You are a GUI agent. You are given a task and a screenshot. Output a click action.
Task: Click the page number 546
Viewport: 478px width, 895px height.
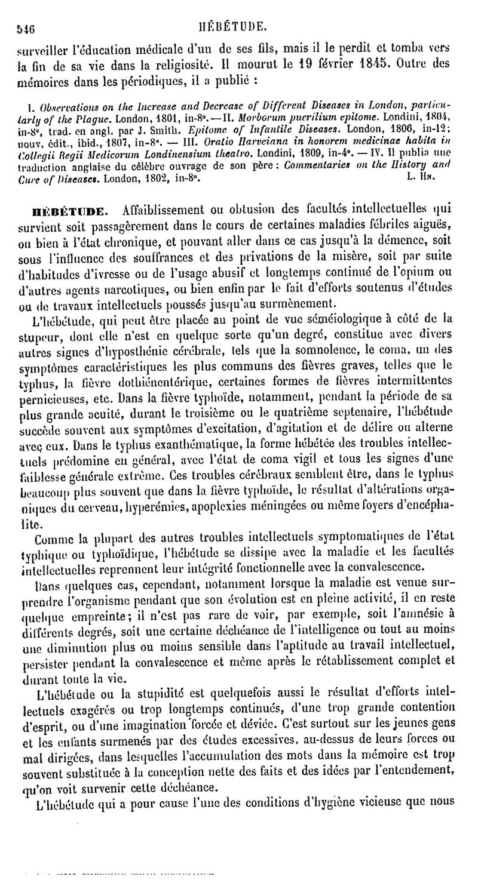25,27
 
